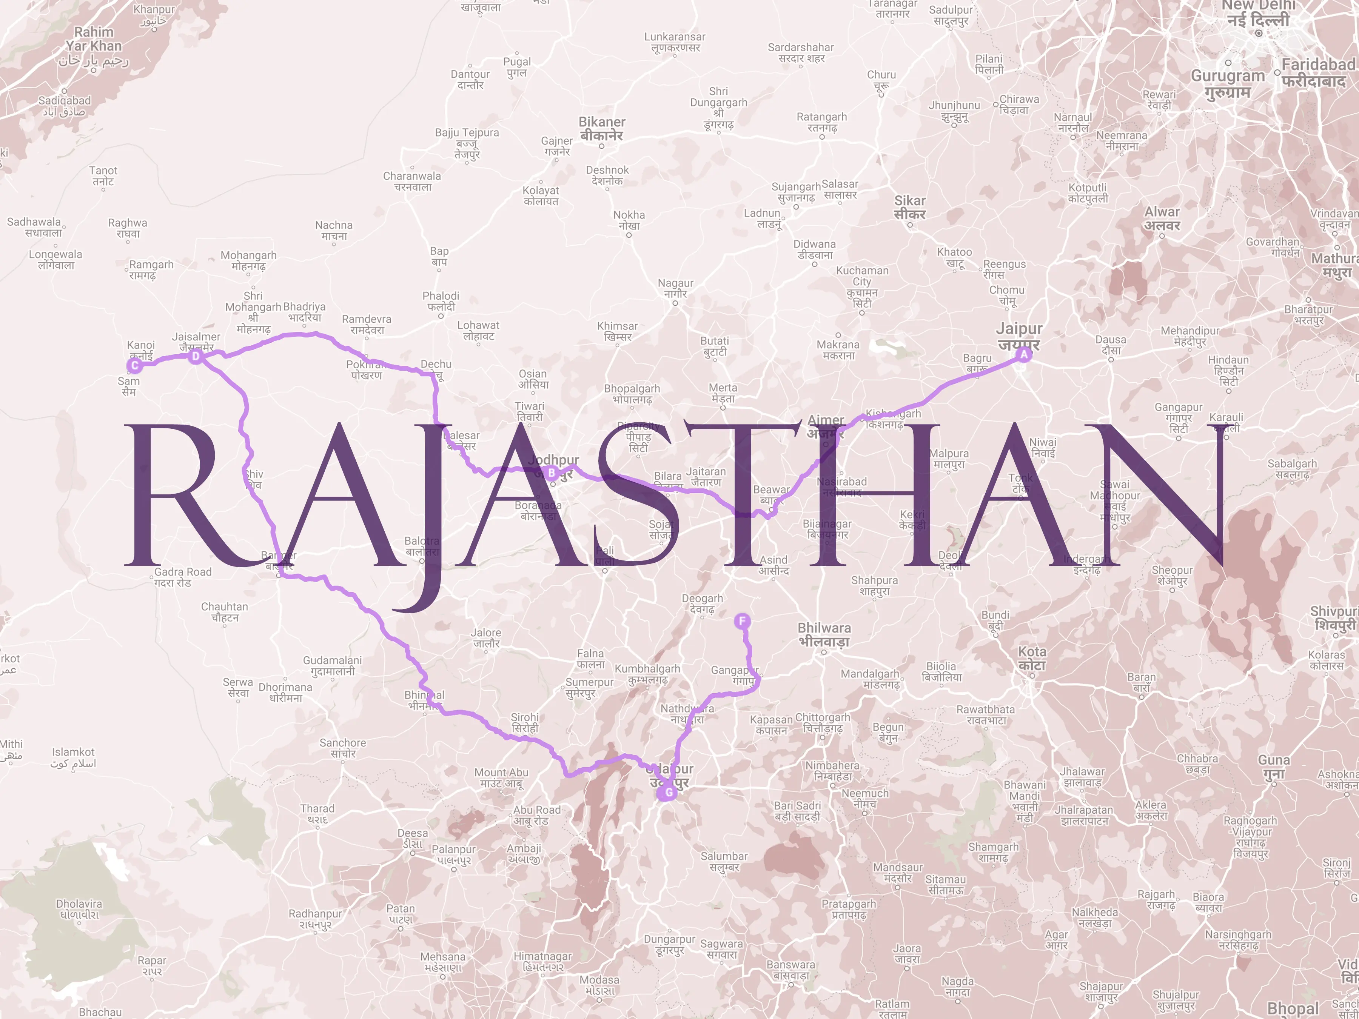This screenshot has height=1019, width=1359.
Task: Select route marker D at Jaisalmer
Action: point(196,356)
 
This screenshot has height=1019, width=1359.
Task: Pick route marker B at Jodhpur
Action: point(552,473)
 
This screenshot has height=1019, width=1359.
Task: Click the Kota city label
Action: point(1032,658)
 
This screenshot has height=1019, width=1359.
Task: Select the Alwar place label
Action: point(1162,218)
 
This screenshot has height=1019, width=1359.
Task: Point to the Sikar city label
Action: point(909,207)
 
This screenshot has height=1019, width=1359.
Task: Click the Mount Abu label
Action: point(501,777)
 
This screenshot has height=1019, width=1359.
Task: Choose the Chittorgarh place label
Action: point(823,722)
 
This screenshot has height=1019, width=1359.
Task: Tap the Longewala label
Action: point(55,259)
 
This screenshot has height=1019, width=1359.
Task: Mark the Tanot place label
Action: point(103,175)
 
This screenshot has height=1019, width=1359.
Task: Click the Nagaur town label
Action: point(675,288)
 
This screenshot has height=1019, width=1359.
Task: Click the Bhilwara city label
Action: point(824,634)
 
